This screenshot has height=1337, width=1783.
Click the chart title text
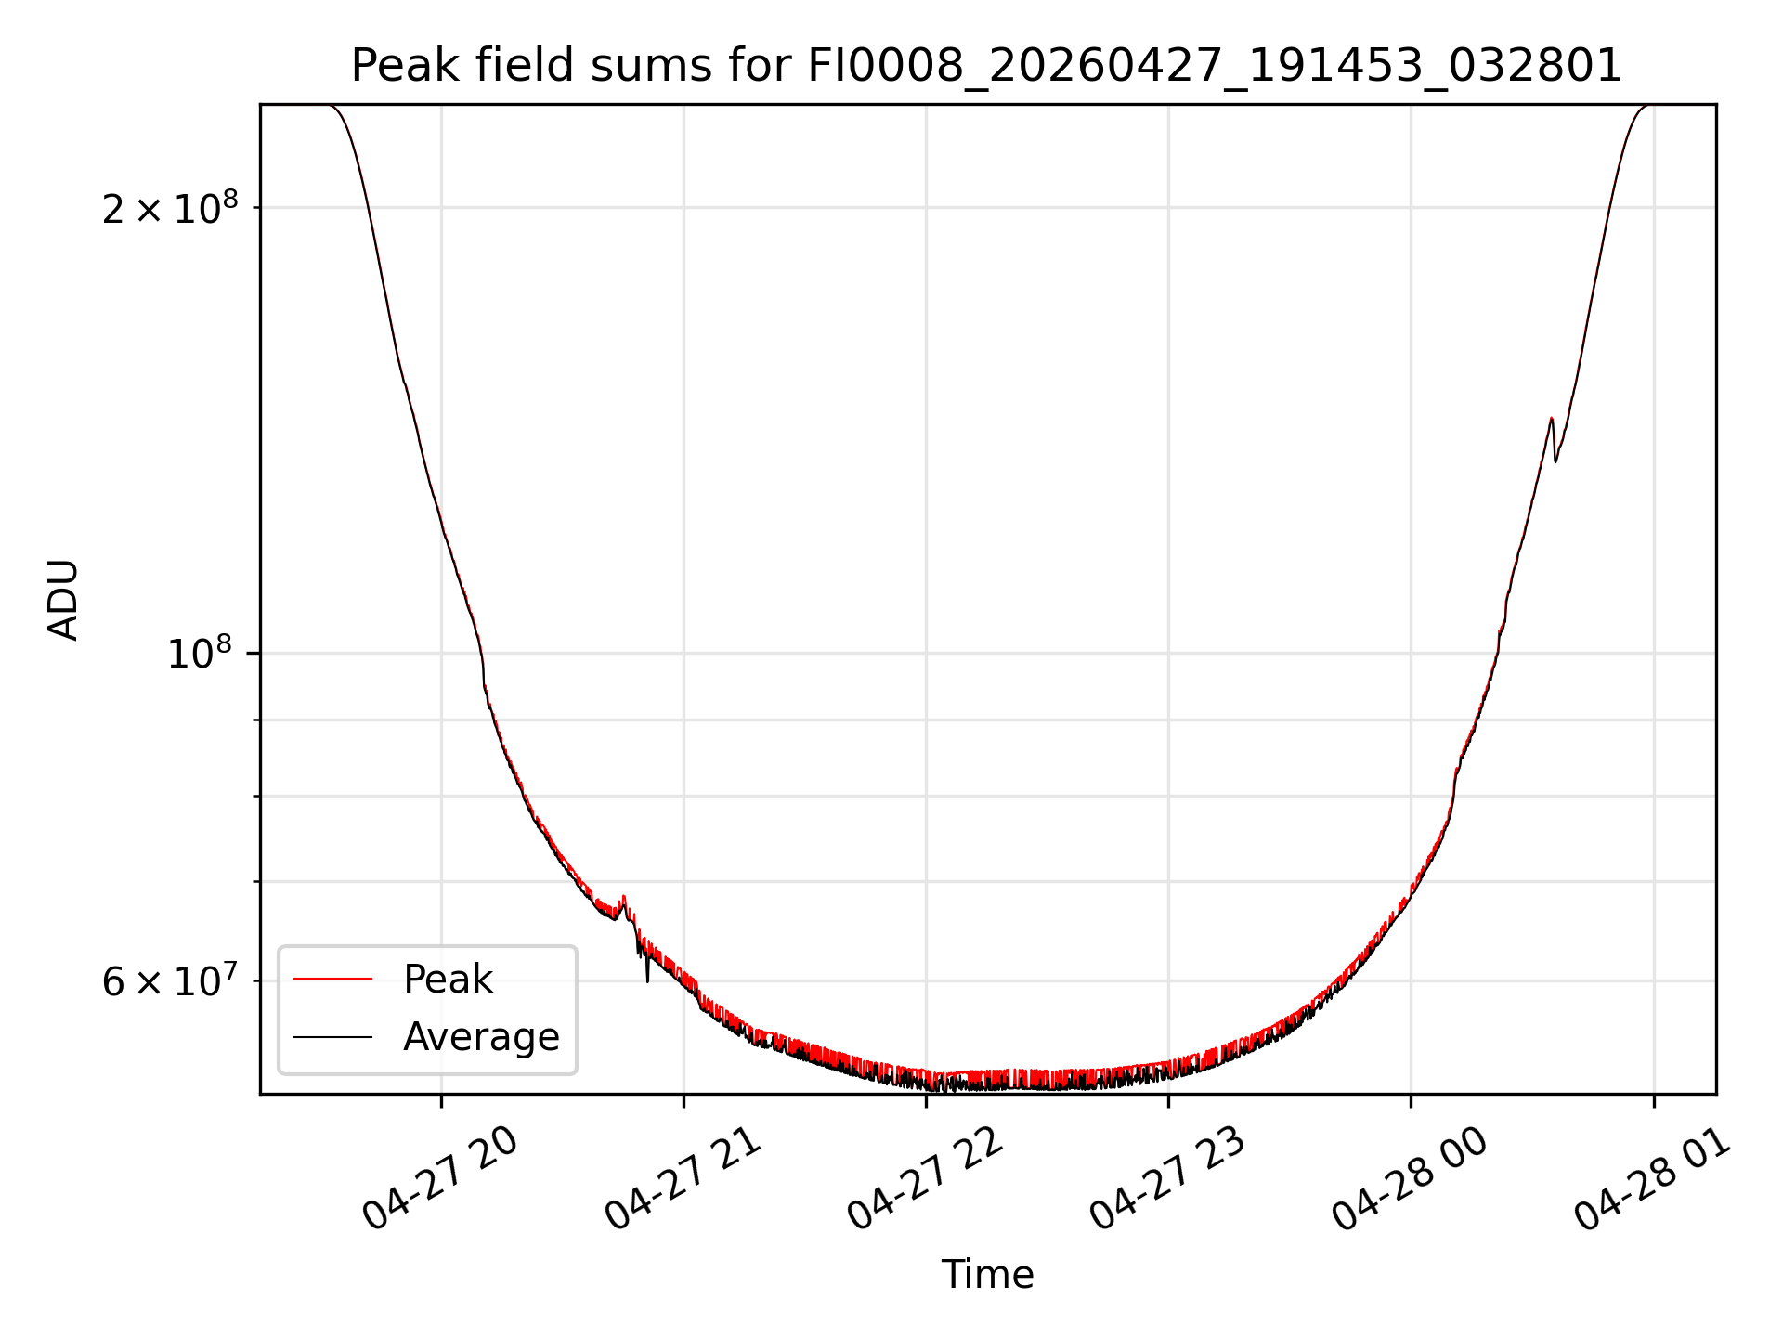[986, 66]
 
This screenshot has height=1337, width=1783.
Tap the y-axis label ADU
[63, 600]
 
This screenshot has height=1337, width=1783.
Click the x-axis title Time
[987, 1275]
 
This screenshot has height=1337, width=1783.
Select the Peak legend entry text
[448, 980]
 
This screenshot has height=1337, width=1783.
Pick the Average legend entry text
[481, 1037]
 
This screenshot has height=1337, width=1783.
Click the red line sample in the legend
[332, 979]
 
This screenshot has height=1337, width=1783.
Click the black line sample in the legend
[332, 1036]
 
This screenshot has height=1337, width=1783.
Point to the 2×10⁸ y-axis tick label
[170, 208]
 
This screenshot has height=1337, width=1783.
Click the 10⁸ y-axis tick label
[202, 654]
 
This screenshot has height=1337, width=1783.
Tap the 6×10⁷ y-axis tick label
[170, 980]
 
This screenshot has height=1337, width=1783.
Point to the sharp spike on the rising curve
[1552, 421]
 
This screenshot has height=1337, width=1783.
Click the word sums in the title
[638, 67]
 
